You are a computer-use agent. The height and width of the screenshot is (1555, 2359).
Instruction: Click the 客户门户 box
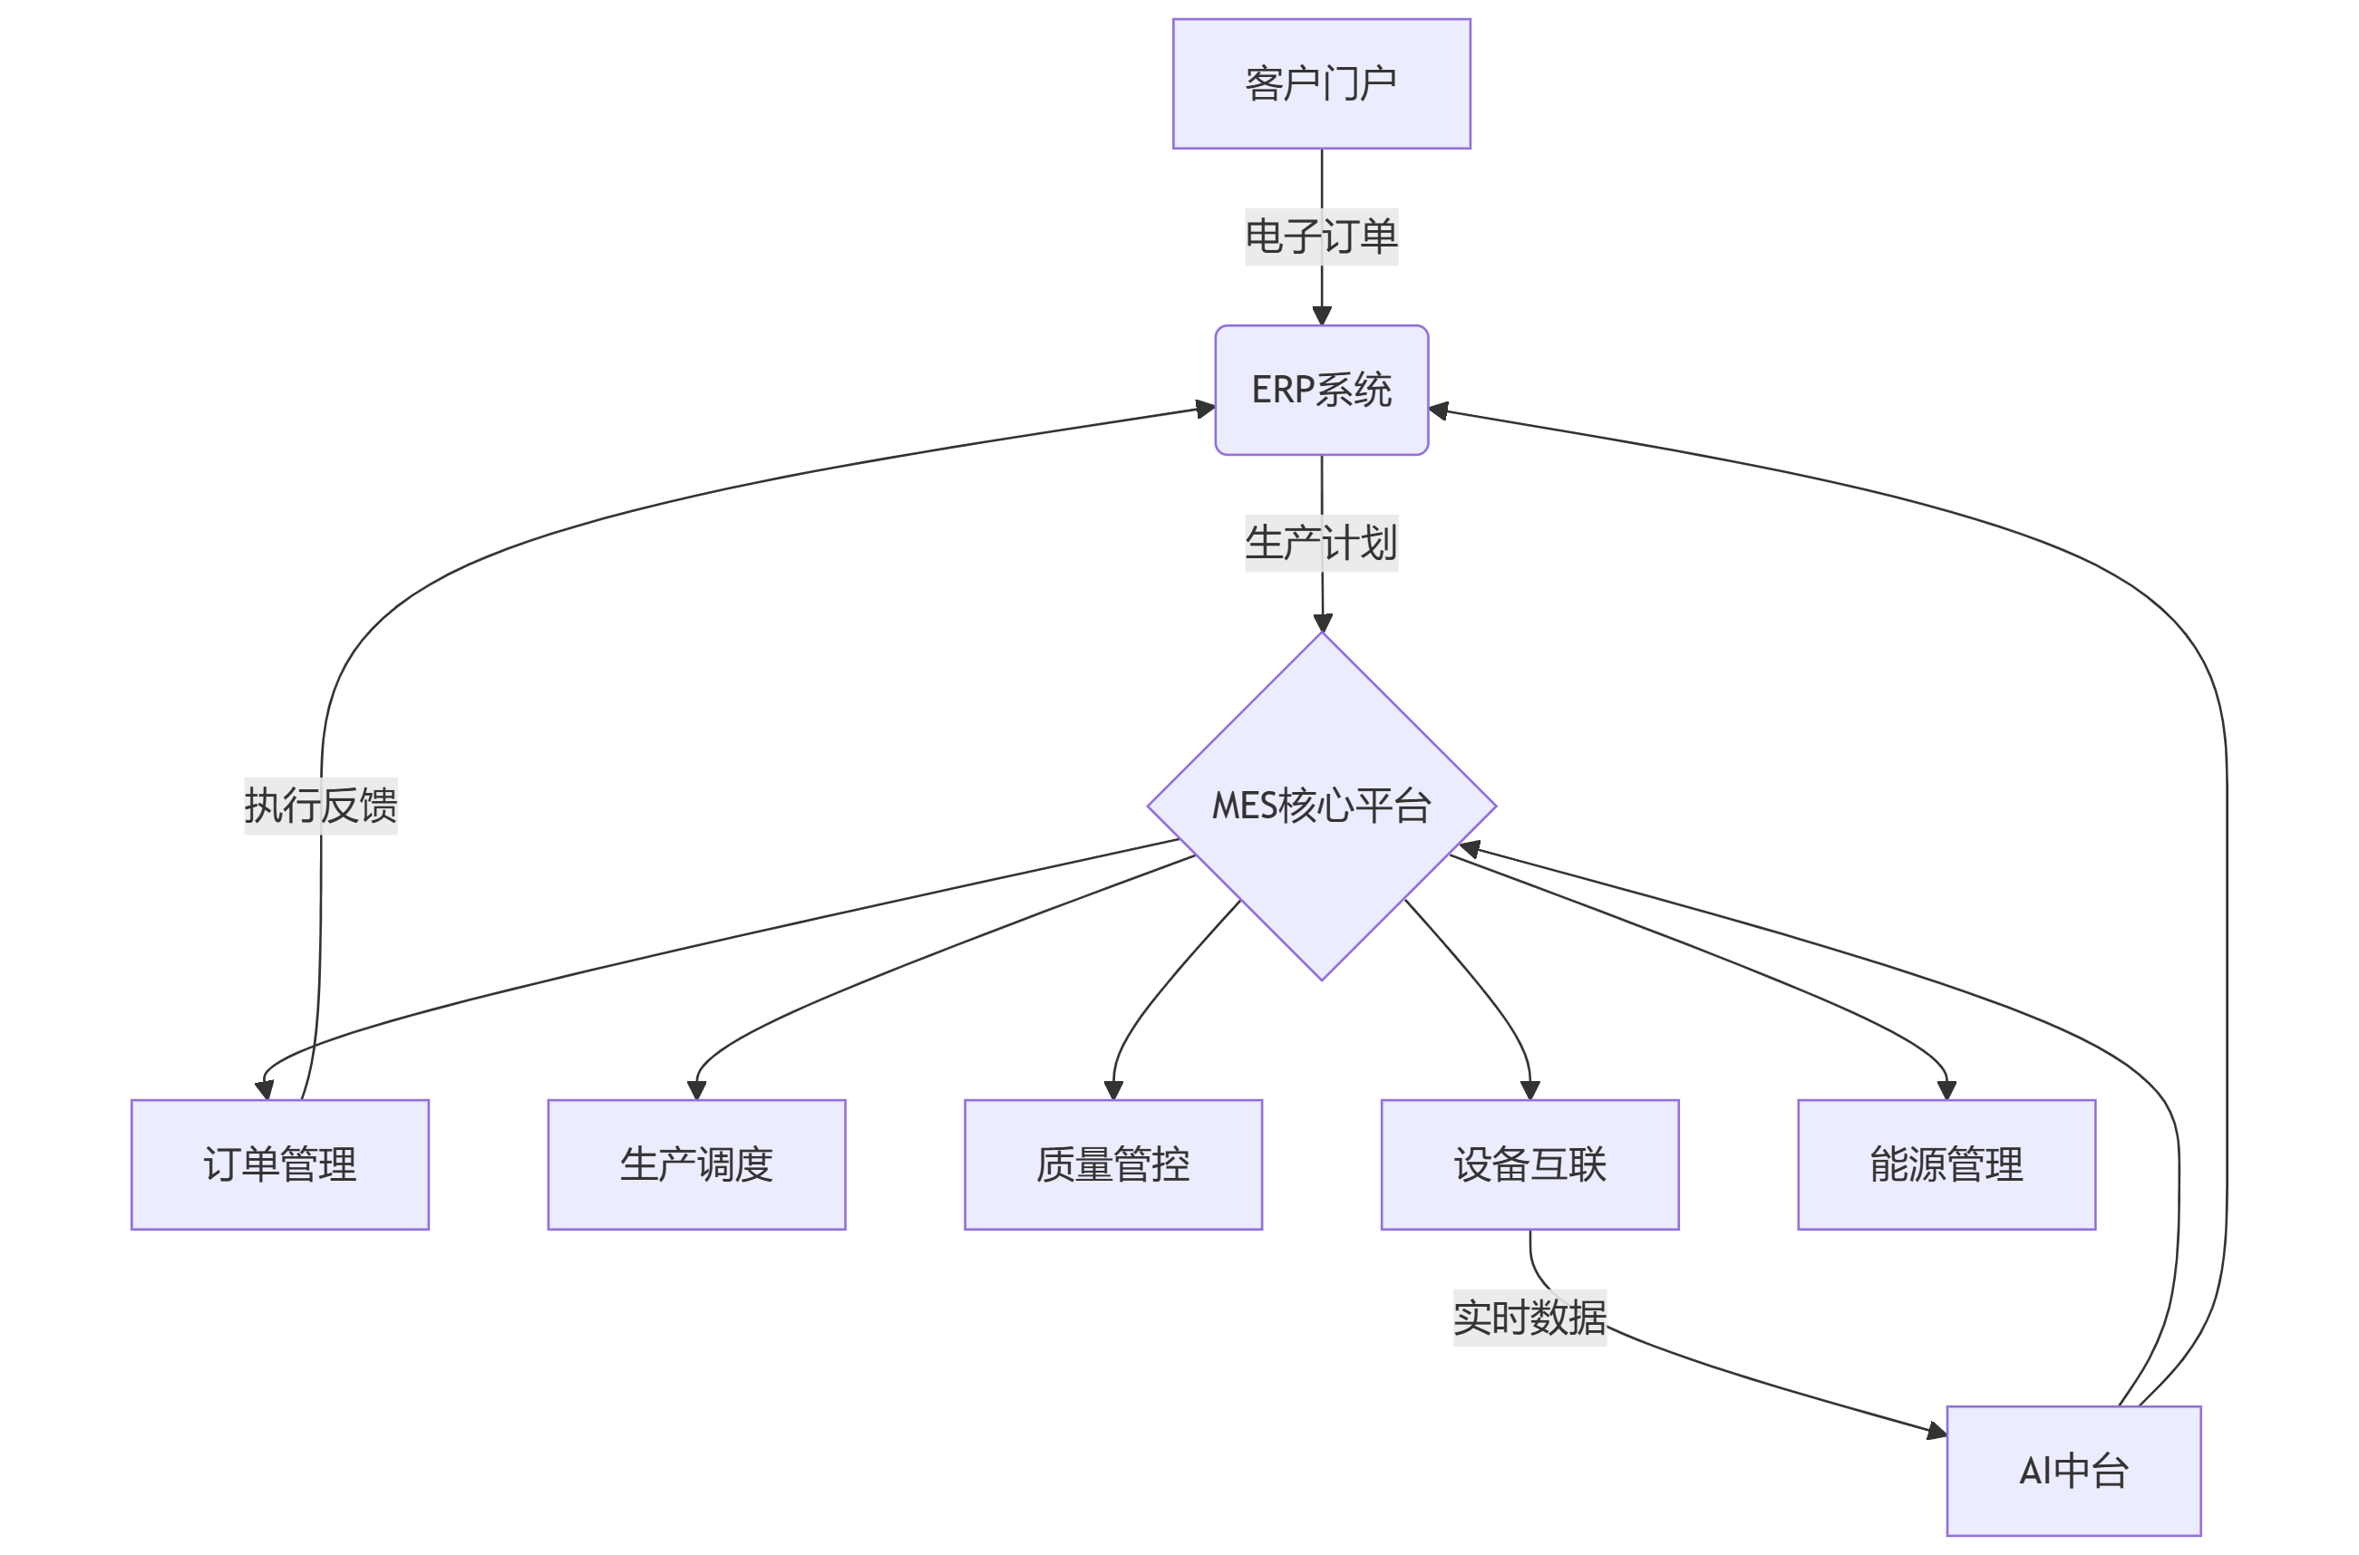click(1320, 83)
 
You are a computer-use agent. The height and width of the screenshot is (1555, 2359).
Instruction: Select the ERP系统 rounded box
click(1320, 390)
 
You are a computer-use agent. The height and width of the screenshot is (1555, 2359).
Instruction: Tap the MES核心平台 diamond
click(1320, 806)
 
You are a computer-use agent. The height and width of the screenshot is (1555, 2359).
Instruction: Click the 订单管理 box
click(280, 1164)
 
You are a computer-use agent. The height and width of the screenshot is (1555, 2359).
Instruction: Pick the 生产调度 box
click(696, 1164)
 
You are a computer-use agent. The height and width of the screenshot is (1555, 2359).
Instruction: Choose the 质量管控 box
click(1113, 1164)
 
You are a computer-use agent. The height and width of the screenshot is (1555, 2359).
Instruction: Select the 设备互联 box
click(1529, 1164)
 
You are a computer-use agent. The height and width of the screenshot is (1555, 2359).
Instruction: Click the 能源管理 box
click(1946, 1164)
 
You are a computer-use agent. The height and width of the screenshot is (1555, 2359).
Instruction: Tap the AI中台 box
click(2073, 1470)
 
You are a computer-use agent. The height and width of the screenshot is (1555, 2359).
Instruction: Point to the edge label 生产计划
click(1320, 544)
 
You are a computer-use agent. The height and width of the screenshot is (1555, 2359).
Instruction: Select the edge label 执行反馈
click(320, 806)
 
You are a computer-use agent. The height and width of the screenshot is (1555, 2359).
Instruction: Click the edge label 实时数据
click(1529, 1317)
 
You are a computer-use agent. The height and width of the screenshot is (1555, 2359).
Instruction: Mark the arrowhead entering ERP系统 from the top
click(1321, 316)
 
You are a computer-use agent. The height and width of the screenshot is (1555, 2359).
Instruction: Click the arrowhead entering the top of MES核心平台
click(1323, 623)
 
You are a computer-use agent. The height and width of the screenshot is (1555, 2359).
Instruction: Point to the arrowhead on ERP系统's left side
click(1205, 409)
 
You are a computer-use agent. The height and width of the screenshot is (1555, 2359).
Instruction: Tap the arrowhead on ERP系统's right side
click(1440, 410)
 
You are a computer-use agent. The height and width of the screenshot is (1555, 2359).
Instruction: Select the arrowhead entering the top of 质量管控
click(1113, 1090)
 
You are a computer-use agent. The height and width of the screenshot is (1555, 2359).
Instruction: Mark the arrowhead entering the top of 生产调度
click(696, 1090)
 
